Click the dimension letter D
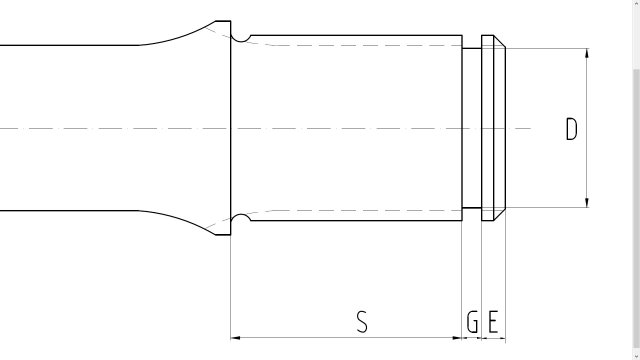click(x=572, y=129)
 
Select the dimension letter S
click(x=362, y=321)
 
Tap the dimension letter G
click(x=472, y=322)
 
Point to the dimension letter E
click(x=493, y=322)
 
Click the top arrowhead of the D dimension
click(x=587, y=53)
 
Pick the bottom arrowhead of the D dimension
click(x=587, y=202)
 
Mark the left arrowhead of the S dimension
click(x=236, y=338)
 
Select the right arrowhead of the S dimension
click(x=457, y=338)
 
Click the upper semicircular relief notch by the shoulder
click(x=241, y=40)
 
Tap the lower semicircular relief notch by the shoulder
click(x=241, y=216)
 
